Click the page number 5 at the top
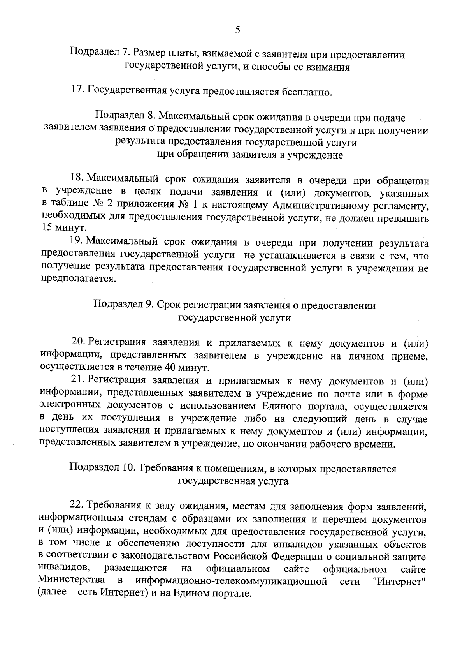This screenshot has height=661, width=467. tap(237, 30)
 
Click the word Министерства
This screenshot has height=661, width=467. tap(71, 581)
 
